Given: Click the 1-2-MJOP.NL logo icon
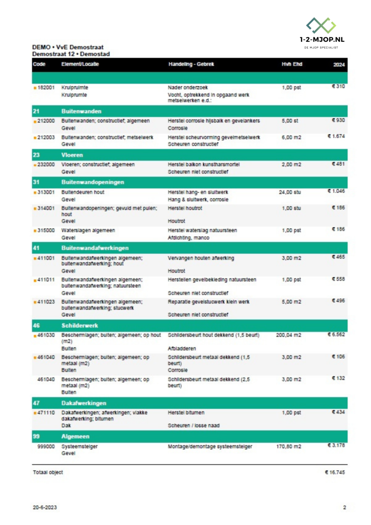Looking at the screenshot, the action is point(321,25).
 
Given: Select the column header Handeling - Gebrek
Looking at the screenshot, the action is point(191,64).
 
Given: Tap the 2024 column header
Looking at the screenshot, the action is point(339,65).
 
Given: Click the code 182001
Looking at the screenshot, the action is point(46,87).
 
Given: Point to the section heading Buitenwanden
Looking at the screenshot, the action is point(81,112).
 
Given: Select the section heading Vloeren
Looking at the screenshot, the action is point(72,156).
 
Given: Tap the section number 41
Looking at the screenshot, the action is point(36,248).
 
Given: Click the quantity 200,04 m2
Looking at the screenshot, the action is point(288,335).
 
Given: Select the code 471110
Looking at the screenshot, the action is point(46,413).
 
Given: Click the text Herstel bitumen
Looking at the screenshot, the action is point(186,413).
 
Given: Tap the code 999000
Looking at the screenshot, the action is point(46,447).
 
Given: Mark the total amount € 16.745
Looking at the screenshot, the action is point(335,473).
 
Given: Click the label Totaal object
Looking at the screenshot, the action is point(48,473).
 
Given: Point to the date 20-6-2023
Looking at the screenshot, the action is point(45,507).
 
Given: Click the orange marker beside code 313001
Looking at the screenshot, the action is point(35,192).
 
